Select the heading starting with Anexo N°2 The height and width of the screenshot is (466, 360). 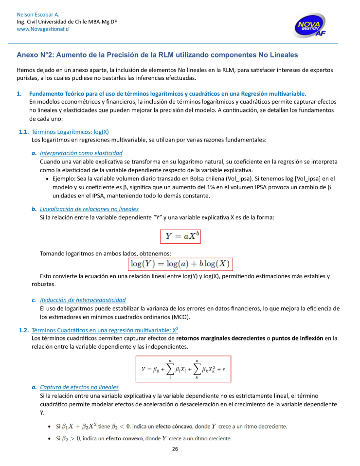pyautogui.click(x=157, y=54)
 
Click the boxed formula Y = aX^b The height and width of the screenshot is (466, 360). pyautogui.click(x=180, y=236)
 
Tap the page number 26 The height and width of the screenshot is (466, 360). pyautogui.click(x=175, y=449)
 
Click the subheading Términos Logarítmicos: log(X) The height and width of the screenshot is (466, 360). pyautogui.click(x=70, y=131)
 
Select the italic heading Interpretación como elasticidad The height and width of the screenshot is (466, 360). pyautogui.click(x=81, y=153)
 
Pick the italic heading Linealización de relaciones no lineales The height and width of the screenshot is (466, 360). pyautogui.click(x=89, y=209)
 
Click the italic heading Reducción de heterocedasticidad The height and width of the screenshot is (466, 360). pyautogui.click(x=83, y=300)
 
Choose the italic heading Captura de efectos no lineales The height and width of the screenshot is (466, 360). pyautogui.click(x=79, y=387)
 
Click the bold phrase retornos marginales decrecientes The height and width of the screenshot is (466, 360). pyautogui.click(x=220, y=338)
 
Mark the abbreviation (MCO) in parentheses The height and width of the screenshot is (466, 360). pyautogui.click(x=179, y=317)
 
